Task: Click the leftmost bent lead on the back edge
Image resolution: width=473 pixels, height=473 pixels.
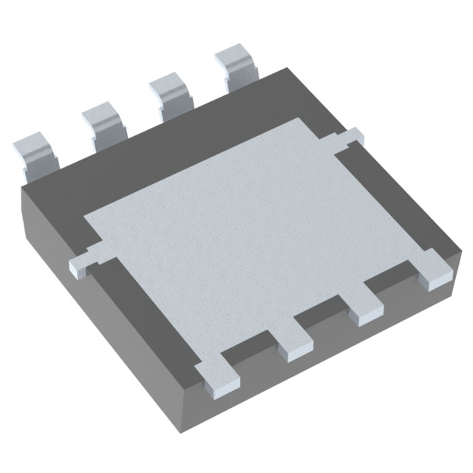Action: [x=35, y=154]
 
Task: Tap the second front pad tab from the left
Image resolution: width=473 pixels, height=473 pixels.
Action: [x=293, y=338]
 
